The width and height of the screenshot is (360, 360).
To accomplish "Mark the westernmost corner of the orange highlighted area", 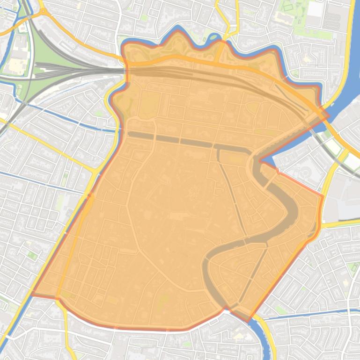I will click(31, 294).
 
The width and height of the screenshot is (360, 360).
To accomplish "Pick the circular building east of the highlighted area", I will click(306, 173).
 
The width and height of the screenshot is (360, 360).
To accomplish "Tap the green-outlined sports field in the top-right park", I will click(287, 7).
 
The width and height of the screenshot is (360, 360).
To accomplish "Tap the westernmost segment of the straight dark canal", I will click(140, 136).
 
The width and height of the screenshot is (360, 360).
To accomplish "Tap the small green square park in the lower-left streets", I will click(31, 255).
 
